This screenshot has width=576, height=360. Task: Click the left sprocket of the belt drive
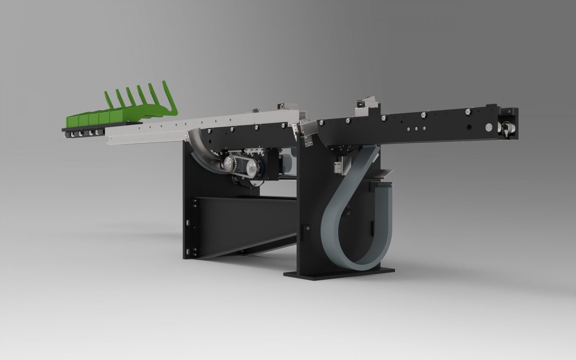coord(229,163)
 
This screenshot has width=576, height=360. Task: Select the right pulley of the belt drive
coord(250,168)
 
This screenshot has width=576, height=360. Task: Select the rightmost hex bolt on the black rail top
coord(468,111)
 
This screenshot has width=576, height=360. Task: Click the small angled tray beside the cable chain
coord(382,173)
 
